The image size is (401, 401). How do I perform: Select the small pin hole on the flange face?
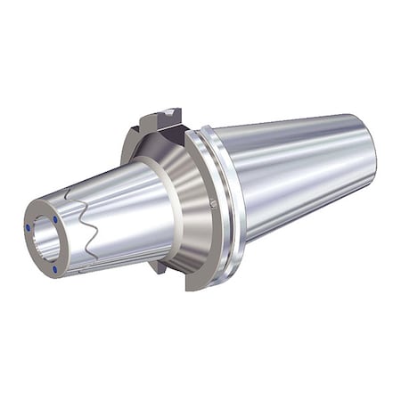coord(213,204)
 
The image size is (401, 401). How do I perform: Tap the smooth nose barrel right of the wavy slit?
coord(125,218)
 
